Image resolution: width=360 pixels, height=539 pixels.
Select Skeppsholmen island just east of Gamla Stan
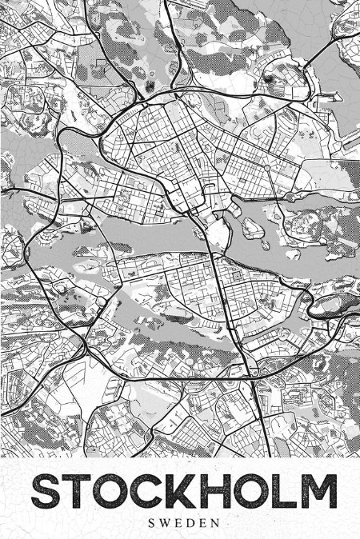pos(253,228)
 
